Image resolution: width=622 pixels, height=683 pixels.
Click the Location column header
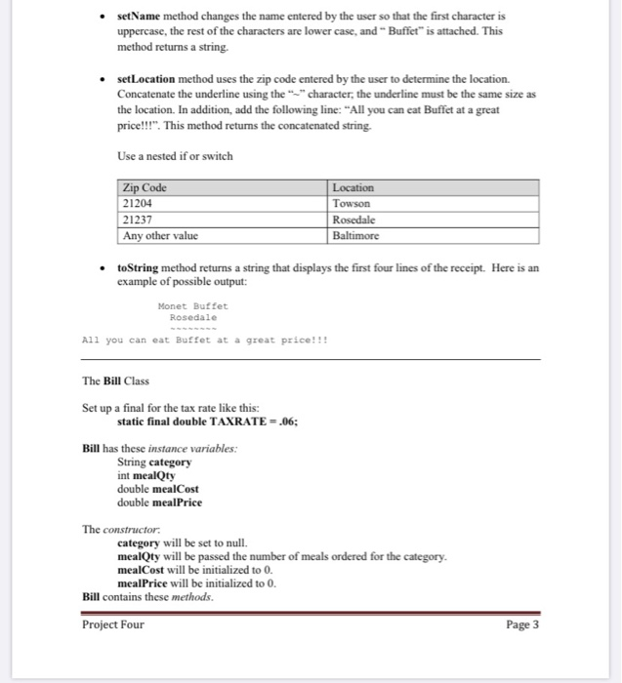(353, 187)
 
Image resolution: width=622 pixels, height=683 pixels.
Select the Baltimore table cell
(356, 235)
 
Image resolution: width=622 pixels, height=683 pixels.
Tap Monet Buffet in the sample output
(192, 305)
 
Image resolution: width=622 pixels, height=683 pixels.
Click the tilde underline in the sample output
(192, 329)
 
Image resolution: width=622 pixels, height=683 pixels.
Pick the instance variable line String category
(153, 462)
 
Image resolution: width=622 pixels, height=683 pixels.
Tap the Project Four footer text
(113, 625)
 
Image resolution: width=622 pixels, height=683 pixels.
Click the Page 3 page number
(522, 625)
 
